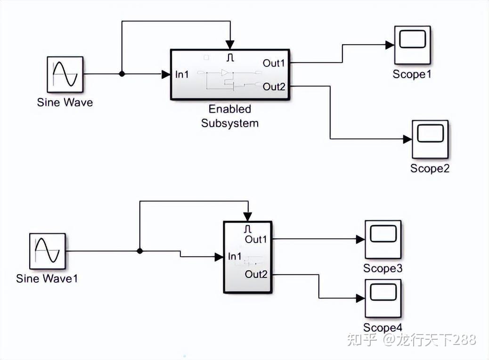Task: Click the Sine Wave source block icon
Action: pyautogui.click(x=65, y=74)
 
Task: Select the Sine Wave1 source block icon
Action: pyautogui.click(x=48, y=251)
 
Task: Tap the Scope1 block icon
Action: pyautogui.click(x=412, y=45)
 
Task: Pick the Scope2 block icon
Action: pyautogui.click(x=430, y=139)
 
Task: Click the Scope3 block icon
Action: pyautogui.click(x=383, y=239)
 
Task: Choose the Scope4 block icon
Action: pyautogui.click(x=383, y=299)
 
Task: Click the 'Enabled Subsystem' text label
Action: pyautogui.click(x=230, y=116)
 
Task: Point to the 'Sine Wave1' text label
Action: pyautogui.click(x=47, y=278)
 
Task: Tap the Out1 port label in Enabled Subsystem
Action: pyautogui.click(x=274, y=63)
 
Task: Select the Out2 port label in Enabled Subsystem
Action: pyautogui.click(x=274, y=86)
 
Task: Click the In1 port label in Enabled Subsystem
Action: pyautogui.click(x=182, y=74)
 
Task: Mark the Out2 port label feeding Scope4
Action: pyautogui.click(x=256, y=274)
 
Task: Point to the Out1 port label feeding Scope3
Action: pyautogui.click(x=256, y=239)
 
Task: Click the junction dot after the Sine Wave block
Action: pyautogui.click(x=122, y=74)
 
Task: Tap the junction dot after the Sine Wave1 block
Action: pyautogui.click(x=140, y=251)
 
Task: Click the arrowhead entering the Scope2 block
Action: pyautogui.click(x=407, y=139)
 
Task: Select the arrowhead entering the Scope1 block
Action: pyautogui.click(x=390, y=45)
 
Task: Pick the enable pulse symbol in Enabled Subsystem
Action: pyautogui.click(x=230, y=57)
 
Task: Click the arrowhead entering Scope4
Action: pyautogui.click(x=360, y=298)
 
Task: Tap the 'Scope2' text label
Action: pyautogui.click(x=430, y=169)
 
